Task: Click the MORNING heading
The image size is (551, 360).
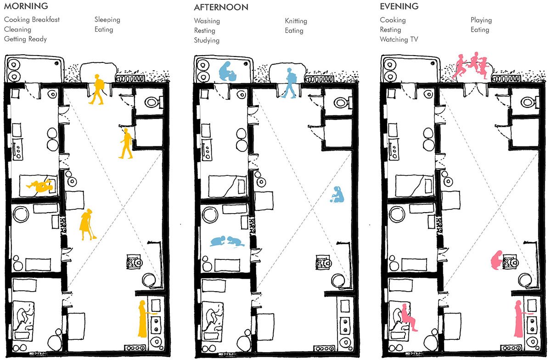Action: [x=26, y=6]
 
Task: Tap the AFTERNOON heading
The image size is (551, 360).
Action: [x=221, y=7]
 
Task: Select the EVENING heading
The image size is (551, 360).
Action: [x=399, y=6]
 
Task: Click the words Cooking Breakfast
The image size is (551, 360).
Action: [x=32, y=20]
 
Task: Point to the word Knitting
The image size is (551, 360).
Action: [x=296, y=21]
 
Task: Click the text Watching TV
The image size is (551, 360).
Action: [x=399, y=39]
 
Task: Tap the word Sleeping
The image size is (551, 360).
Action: [x=107, y=20]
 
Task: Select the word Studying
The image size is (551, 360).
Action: [x=207, y=40]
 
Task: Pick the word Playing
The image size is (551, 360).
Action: [x=481, y=20]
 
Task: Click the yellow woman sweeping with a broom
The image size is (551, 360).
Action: [x=87, y=225]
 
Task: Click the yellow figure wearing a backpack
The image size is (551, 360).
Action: [x=97, y=89]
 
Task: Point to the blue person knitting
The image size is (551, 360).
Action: [x=337, y=195]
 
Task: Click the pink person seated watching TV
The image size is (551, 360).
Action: [x=408, y=317]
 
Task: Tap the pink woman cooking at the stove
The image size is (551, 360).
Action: [x=519, y=319]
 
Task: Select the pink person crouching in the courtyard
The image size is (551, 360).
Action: [x=497, y=260]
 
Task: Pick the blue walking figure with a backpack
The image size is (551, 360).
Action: [x=290, y=83]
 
